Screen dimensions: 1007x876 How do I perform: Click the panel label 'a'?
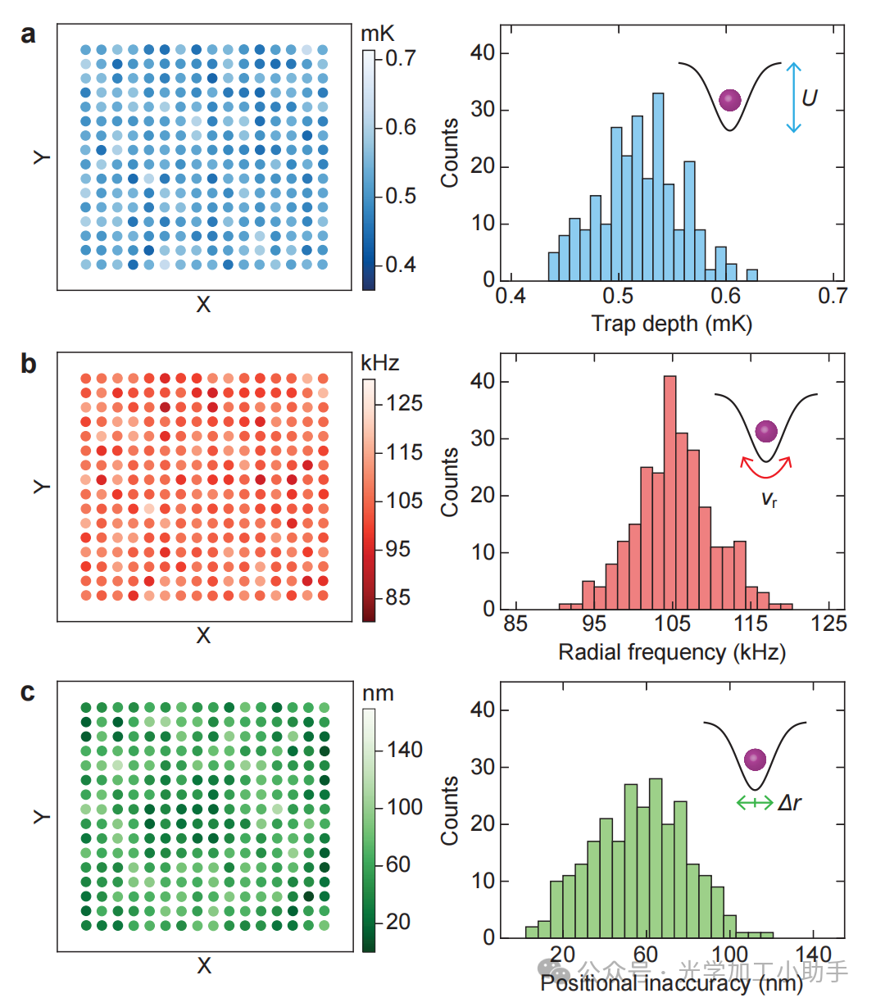pos(29,35)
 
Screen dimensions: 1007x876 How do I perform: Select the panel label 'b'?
pos(29,363)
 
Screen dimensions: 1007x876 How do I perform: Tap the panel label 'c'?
pos(28,692)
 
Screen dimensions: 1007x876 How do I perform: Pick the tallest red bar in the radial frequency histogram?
pos(669,492)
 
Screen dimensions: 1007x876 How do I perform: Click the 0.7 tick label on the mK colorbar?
pos(401,58)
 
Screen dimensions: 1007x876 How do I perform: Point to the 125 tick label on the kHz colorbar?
pos(404,403)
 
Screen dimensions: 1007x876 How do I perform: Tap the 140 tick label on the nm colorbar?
pos(404,750)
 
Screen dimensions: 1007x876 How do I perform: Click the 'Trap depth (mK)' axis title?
pos(672,324)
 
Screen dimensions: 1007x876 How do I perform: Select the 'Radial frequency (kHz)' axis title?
pos(672,652)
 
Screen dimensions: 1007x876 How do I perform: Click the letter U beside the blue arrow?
pos(809,98)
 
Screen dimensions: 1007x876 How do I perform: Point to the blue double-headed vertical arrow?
pos(792,98)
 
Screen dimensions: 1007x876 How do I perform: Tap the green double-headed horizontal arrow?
pos(754,803)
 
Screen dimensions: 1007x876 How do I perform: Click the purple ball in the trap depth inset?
pos(729,100)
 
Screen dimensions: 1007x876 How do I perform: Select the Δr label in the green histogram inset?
pos(789,803)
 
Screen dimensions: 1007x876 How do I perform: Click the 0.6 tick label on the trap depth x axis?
pos(725,297)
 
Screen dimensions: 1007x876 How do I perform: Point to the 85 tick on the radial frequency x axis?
pos(515,624)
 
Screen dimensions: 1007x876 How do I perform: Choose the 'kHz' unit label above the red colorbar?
pos(379,363)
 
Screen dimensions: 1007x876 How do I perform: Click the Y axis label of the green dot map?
pos(41,816)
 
